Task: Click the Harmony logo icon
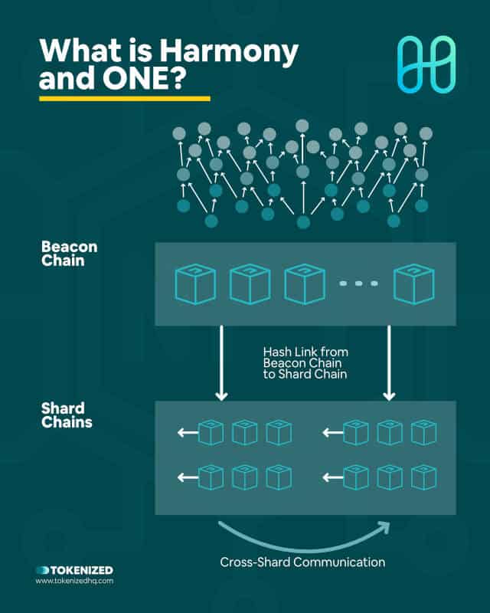tap(426, 64)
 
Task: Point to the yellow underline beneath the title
tap(125, 99)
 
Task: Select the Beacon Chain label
tap(69, 254)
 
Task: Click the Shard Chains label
tap(67, 415)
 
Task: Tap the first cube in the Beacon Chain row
tap(195, 284)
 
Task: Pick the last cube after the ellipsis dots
tap(413, 284)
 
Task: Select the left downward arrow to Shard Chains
tap(221, 362)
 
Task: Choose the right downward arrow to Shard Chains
tap(389, 362)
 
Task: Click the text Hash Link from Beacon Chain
tap(305, 357)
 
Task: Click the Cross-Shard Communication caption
tap(302, 562)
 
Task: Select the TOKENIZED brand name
tap(82, 570)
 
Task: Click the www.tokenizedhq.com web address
tap(74, 581)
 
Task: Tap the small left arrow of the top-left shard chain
tap(188, 432)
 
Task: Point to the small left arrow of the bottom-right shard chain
tap(333, 477)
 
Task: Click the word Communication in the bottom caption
tap(339, 562)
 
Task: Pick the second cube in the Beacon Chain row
tap(250, 284)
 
